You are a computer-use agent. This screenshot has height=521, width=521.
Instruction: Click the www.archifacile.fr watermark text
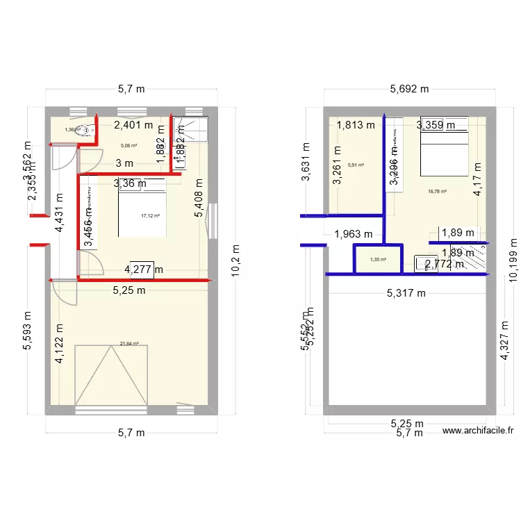point(477,431)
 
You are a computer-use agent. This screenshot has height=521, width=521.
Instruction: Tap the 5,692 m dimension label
point(409,89)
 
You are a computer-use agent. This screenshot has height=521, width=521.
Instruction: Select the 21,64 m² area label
point(129,343)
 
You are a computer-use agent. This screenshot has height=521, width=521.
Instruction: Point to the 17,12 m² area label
point(150,216)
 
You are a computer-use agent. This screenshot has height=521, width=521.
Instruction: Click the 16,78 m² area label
point(437,192)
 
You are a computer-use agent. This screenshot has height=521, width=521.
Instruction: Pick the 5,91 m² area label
point(356,165)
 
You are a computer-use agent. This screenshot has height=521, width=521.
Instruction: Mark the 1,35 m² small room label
point(379,260)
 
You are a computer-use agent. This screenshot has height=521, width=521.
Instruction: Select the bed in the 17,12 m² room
point(142,208)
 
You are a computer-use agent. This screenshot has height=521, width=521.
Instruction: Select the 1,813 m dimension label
point(356,126)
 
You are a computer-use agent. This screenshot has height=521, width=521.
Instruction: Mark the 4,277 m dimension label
point(144,270)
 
